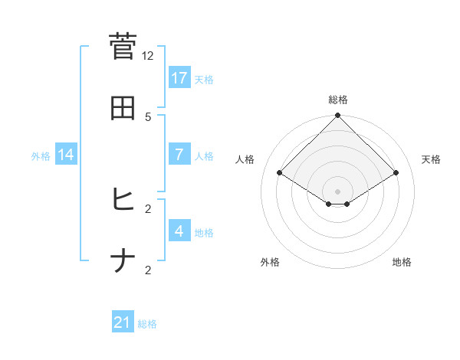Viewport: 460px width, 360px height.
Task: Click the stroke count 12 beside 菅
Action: [x=148, y=56]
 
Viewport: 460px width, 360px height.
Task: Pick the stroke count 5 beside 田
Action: [x=148, y=117]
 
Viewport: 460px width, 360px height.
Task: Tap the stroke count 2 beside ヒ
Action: [x=148, y=208]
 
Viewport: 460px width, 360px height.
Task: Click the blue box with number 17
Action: [x=179, y=77]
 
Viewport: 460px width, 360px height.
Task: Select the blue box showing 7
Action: [x=179, y=154]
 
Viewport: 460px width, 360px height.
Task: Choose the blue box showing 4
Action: [x=179, y=231]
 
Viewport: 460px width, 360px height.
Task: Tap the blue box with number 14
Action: [x=66, y=154]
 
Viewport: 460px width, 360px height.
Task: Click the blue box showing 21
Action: [x=123, y=322]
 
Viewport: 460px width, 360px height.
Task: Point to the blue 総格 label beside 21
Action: [x=147, y=324]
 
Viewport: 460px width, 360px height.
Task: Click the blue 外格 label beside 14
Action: [x=41, y=155]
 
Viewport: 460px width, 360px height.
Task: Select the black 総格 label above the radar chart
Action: [x=338, y=100]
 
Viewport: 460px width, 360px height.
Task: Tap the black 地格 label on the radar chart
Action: [x=402, y=262]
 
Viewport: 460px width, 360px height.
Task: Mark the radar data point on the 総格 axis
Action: [x=338, y=116]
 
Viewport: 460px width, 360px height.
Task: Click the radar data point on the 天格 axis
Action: [x=396, y=173]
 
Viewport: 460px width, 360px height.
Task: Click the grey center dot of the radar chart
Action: [x=338, y=191]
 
